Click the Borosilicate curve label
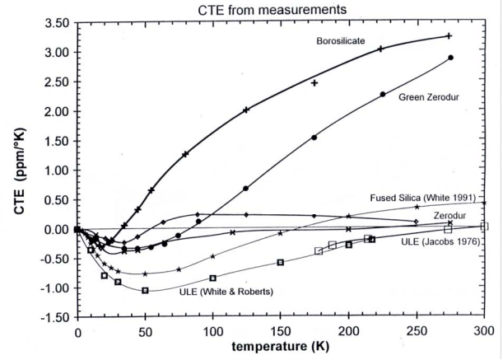pyautogui.click(x=341, y=40)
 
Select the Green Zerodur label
pyautogui.click(x=427, y=97)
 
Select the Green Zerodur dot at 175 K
pyautogui.click(x=314, y=138)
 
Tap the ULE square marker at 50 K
pyautogui.click(x=145, y=290)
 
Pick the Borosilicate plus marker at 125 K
pyautogui.click(x=246, y=110)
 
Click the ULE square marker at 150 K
pyautogui.click(x=281, y=262)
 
